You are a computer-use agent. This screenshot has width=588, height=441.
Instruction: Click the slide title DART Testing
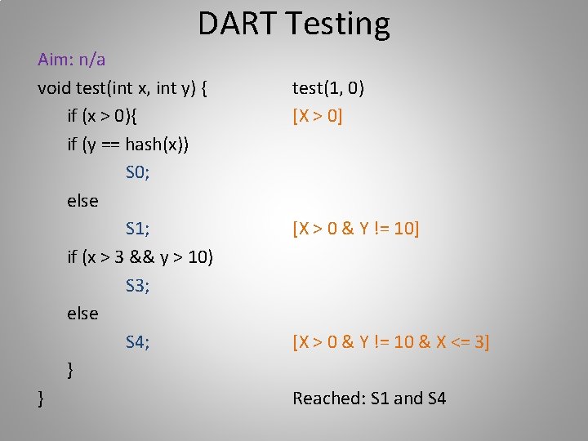294,24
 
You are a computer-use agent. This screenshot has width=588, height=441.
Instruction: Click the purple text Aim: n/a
71,60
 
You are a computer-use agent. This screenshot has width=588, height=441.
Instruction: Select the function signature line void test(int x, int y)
122,87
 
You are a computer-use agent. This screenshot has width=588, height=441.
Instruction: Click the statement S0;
137,172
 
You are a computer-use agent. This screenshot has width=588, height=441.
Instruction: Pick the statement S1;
137,229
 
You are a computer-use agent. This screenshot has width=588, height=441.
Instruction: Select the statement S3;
137,285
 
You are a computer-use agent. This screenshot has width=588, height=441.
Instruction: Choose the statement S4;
137,341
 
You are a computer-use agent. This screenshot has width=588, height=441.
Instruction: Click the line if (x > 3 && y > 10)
140,257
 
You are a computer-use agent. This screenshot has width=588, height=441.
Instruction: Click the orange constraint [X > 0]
318,116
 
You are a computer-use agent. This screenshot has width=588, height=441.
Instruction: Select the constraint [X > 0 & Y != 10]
356,229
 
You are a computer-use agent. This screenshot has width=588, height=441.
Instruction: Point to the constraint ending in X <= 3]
391,341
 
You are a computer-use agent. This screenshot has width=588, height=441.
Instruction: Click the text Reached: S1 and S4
369,399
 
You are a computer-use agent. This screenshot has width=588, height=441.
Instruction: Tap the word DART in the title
238,24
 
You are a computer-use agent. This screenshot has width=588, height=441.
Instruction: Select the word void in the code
54,87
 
